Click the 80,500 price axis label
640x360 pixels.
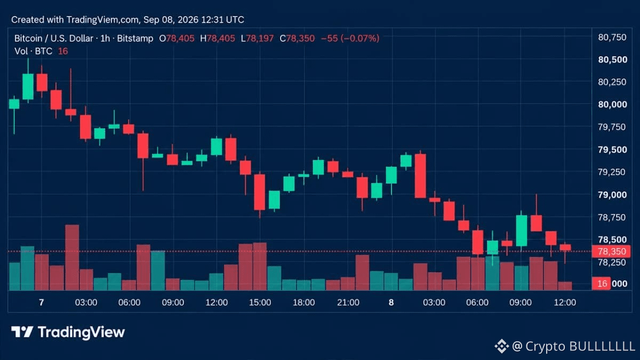613,59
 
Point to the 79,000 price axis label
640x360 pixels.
613,195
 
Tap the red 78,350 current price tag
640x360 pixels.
611,251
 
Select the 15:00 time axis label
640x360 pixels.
260,302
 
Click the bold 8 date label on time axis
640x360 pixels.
391,302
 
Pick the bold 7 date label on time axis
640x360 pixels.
42,302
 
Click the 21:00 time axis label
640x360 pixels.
348,302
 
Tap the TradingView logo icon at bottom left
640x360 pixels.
22,332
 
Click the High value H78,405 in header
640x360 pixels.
218,38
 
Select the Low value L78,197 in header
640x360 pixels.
257,38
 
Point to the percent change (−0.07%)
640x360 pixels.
359,38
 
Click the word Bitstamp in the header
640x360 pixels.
135,38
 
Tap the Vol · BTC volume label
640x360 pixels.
33,51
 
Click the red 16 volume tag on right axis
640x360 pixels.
601,283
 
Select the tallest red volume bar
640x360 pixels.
72,258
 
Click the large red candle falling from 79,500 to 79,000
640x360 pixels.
420,175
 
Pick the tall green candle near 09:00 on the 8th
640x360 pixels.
522,230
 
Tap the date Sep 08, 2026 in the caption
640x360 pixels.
171,20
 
